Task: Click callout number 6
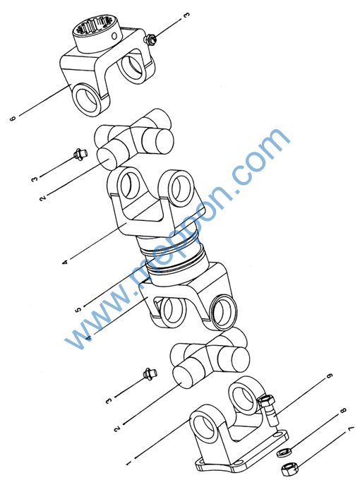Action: pos(13,119)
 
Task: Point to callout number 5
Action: pos(78,309)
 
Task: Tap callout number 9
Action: pos(330,375)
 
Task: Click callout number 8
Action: pos(343,411)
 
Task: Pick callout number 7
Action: pos(351,429)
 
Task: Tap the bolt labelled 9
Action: pos(269,410)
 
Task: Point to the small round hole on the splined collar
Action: pos(114,36)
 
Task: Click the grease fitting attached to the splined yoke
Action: pos(150,40)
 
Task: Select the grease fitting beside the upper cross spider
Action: pos(80,154)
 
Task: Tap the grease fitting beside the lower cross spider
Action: pos(150,373)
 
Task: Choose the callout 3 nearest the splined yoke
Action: pos(186,16)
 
